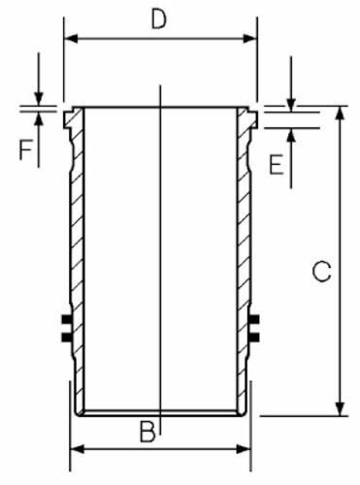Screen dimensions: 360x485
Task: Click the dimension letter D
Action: click(x=159, y=19)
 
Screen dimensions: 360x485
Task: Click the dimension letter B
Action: click(x=147, y=432)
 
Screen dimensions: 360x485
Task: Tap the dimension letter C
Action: click(x=322, y=271)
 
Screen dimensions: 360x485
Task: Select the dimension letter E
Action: click(x=277, y=164)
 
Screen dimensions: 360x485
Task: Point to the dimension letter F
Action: click(x=26, y=149)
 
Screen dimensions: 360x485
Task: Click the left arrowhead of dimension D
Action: click(x=71, y=39)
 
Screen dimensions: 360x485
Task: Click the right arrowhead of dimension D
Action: click(x=250, y=39)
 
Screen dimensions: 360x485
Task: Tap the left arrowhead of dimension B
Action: click(x=78, y=449)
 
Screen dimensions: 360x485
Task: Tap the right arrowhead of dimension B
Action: click(x=244, y=449)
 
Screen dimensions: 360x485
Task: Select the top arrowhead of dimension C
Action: click(x=340, y=113)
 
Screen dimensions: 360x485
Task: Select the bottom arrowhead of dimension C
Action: click(x=340, y=408)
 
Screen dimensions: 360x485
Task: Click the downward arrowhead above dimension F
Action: click(x=39, y=99)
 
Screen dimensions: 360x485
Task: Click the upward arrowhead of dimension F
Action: click(x=39, y=119)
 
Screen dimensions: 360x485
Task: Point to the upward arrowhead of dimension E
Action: click(x=291, y=135)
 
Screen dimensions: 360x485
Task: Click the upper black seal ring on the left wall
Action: click(x=66, y=319)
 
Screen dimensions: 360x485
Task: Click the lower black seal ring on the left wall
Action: click(x=66, y=338)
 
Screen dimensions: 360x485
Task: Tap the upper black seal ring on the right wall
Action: click(x=254, y=319)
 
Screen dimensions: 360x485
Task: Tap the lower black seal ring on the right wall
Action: click(x=254, y=338)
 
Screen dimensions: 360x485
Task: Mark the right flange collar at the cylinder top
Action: click(x=249, y=118)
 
